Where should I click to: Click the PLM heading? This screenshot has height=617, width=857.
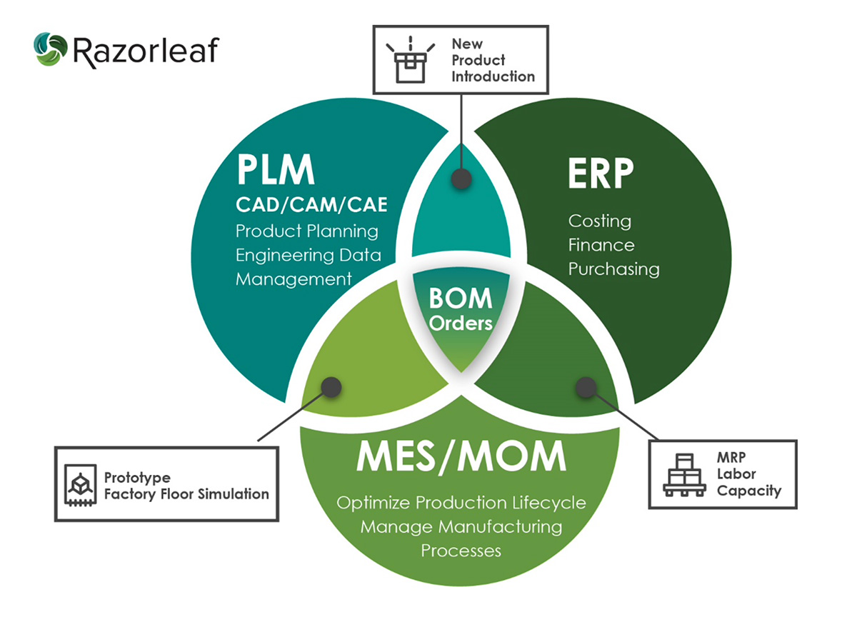pos(275,172)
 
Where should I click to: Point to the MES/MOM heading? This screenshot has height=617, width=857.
pos(461,458)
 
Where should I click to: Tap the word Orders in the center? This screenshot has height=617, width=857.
pos(461,323)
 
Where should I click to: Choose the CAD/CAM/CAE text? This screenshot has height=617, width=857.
pos(311,206)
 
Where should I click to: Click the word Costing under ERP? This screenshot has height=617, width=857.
pos(600,221)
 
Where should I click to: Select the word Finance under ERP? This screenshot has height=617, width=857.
pos(601,245)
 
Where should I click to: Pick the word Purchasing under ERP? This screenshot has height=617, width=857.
pos(613,269)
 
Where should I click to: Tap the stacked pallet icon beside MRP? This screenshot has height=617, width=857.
pos(683,474)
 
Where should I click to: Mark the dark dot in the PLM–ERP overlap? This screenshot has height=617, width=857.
pos(461,179)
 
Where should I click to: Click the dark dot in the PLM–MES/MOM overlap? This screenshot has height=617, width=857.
pos(330,386)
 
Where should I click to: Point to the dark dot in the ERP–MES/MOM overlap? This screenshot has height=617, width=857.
pos(586,387)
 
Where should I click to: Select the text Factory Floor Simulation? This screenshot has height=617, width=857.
pos(186,493)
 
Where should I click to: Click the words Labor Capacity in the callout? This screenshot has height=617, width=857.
pos(749,482)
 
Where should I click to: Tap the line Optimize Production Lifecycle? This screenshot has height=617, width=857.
pos(461,503)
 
